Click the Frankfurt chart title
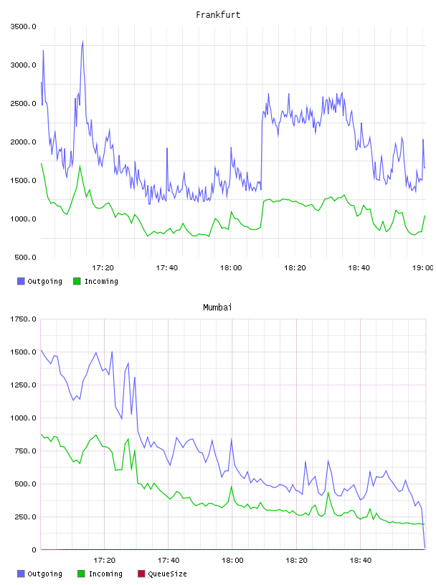[218, 15]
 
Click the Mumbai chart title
[217, 308]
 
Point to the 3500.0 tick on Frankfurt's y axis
[23, 27]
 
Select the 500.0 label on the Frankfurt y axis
[25, 257]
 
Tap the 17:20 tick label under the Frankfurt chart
[103, 268]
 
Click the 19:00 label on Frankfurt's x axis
[422, 268]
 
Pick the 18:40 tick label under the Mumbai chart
[361, 561]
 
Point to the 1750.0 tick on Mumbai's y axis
[23, 319]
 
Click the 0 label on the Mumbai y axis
[34, 550]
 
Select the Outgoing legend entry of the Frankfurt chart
[40, 281]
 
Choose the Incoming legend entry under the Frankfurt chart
[96, 281]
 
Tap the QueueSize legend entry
[162, 574]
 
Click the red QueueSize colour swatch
[141, 574]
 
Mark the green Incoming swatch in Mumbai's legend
[81, 574]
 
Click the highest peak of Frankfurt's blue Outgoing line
[82, 42]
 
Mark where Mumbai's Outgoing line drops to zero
[425, 548]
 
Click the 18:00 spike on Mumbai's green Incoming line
[232, 487]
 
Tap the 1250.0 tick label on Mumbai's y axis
[23, 385]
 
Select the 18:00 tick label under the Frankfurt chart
[231, 268]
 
